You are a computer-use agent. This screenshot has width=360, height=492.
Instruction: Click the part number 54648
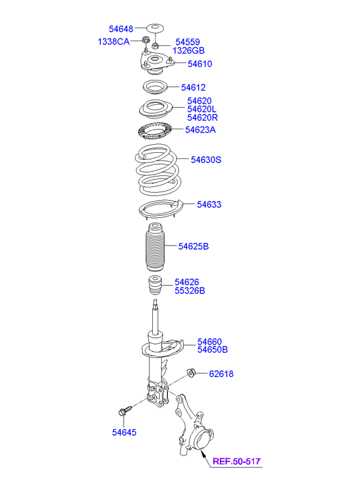(x=121, y=29)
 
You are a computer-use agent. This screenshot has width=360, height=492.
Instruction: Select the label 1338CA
(x=114, y=41)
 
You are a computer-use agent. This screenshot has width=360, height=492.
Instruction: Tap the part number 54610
(x=200, y=64)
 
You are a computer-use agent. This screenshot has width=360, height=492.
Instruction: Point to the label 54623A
(x=200, y=129)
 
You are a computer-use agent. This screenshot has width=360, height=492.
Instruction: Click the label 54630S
(x=206, y=160)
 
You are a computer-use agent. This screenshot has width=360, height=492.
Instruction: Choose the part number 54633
(x=209, y=204)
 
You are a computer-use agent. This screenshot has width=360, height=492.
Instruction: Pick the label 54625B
(x=194, y=246)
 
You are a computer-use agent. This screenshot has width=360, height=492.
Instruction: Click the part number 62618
(x=221, y=374)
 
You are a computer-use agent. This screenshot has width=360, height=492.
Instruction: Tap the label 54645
(x=125, y=432)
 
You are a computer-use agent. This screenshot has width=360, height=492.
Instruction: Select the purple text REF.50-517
(x=237, y=462)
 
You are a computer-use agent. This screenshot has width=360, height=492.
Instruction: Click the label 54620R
(x=202, y=118)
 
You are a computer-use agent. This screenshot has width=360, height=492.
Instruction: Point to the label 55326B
(x=190, y=290)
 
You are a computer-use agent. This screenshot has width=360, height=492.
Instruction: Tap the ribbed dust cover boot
(x=155, y=247)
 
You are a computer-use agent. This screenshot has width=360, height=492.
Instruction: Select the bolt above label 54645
(x=125, y=410)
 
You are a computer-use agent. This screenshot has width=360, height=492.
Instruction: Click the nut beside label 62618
(x=191, y=372)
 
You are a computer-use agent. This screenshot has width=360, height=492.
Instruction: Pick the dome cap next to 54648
(x=155, y=28)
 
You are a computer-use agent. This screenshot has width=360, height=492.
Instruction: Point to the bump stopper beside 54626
(x=154, y=285)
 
